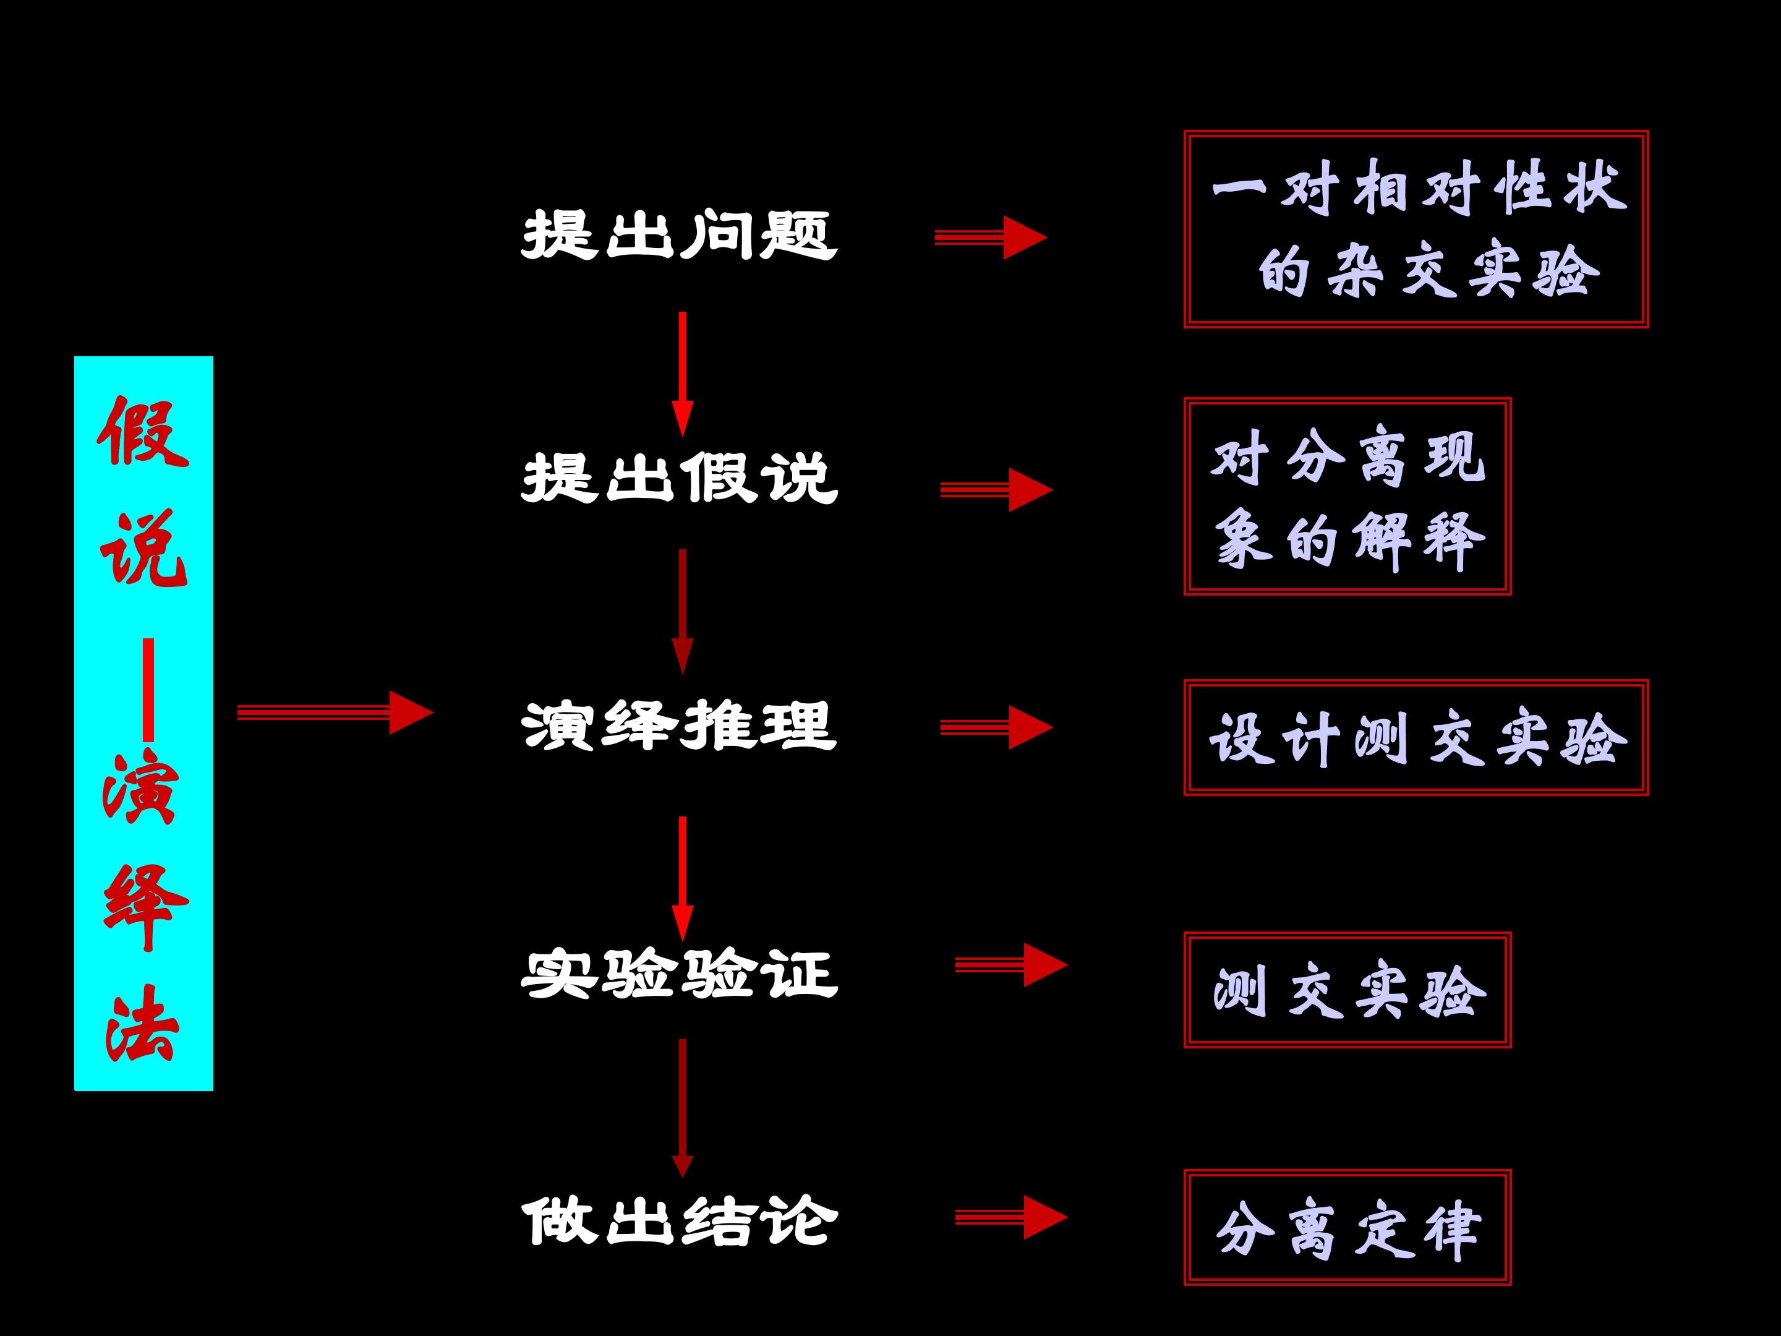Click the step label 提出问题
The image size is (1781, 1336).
click(679, 235)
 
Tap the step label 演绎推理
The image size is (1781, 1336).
click(679, 725)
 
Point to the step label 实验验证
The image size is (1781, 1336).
click(679, 974)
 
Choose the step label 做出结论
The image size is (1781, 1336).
click(679, 1222)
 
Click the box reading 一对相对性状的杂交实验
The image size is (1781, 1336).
click(1416, 229)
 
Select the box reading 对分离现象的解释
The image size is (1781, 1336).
click(1347, 497)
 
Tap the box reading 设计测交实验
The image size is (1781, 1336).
click(1416, 738)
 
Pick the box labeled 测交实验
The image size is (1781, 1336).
click(1347, 990)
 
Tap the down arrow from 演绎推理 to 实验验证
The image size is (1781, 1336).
click(682, 877)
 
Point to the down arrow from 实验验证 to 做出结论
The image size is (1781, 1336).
click(682, 1107)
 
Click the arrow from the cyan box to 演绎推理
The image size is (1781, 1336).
click(334, 712)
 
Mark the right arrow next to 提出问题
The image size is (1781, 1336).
click(990, 237)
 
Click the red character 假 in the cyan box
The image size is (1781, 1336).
click(143, 432)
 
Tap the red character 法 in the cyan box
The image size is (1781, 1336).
click(142, 1024)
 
